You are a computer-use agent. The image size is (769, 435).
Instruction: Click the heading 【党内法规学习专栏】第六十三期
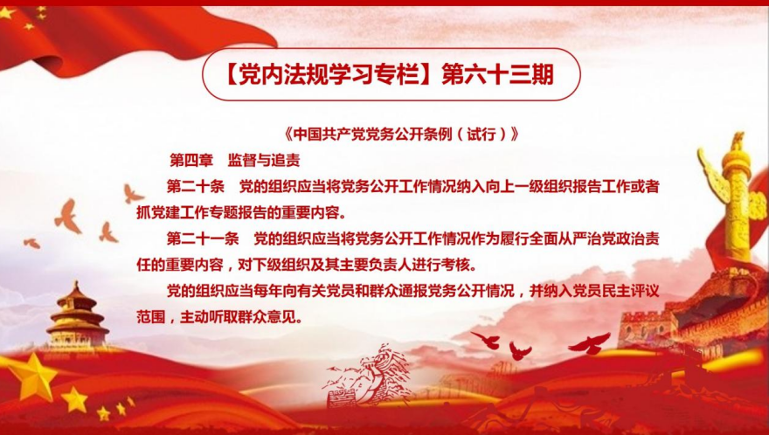tap(391, 75)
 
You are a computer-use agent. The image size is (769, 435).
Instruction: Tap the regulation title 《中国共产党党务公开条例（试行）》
tap(401, 134)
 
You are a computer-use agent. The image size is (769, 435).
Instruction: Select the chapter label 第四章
tap(191, 160)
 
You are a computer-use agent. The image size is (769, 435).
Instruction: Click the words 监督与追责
tap(264, 160)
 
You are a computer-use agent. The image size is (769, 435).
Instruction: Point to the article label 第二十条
tap(195, 187)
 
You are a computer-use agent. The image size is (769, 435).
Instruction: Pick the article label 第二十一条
tap(203, 238)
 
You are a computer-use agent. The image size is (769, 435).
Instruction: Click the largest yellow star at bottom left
tap(32, 376)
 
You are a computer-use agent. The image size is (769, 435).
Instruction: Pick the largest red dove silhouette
tap(590, 343)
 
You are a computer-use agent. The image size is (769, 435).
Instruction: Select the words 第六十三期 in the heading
tap(498, 75)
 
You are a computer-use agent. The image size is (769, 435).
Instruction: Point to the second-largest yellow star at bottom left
tap(74, 399)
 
